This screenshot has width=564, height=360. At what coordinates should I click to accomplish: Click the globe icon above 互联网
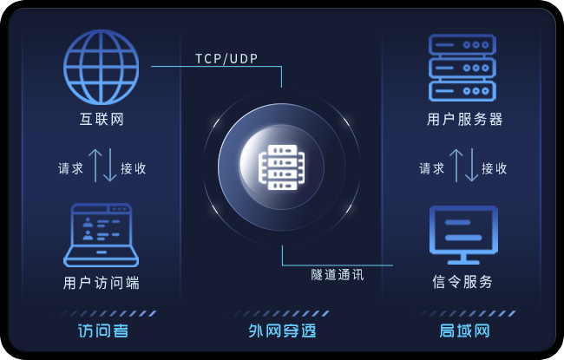coord(101,68)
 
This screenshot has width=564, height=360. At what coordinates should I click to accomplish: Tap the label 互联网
coord(102,119)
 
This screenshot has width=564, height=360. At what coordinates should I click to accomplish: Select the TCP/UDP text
coord(226,59)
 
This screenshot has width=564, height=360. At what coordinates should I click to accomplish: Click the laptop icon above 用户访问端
coord(101,235)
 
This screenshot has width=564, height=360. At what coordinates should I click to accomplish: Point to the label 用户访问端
coord(101,283)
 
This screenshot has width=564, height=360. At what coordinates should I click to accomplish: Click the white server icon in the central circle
coord(282,167)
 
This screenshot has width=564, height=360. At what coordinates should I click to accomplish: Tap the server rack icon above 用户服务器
coord(462,68)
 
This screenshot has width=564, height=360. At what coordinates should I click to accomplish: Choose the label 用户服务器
coord(465,119)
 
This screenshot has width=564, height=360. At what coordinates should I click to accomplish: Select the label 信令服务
coord(462,282)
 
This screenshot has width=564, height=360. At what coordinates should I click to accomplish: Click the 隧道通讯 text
coord(338,275)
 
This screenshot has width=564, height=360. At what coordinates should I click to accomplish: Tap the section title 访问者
coord(103,331)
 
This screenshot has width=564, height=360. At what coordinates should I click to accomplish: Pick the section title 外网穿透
coord(282,331)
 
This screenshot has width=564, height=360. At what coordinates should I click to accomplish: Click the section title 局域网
coord(465,331)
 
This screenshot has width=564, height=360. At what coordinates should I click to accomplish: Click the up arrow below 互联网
coord(95,166)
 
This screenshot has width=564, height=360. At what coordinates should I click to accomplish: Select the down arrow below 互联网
coord(109,165)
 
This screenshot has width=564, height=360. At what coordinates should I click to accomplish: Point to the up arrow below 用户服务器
coord(456,166)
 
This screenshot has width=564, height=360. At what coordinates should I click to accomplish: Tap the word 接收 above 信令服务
coord(495,168)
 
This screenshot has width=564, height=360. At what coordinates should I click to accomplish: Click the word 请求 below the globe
coord(70,168)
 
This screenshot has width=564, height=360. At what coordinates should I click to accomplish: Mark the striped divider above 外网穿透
coord(280,314)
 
